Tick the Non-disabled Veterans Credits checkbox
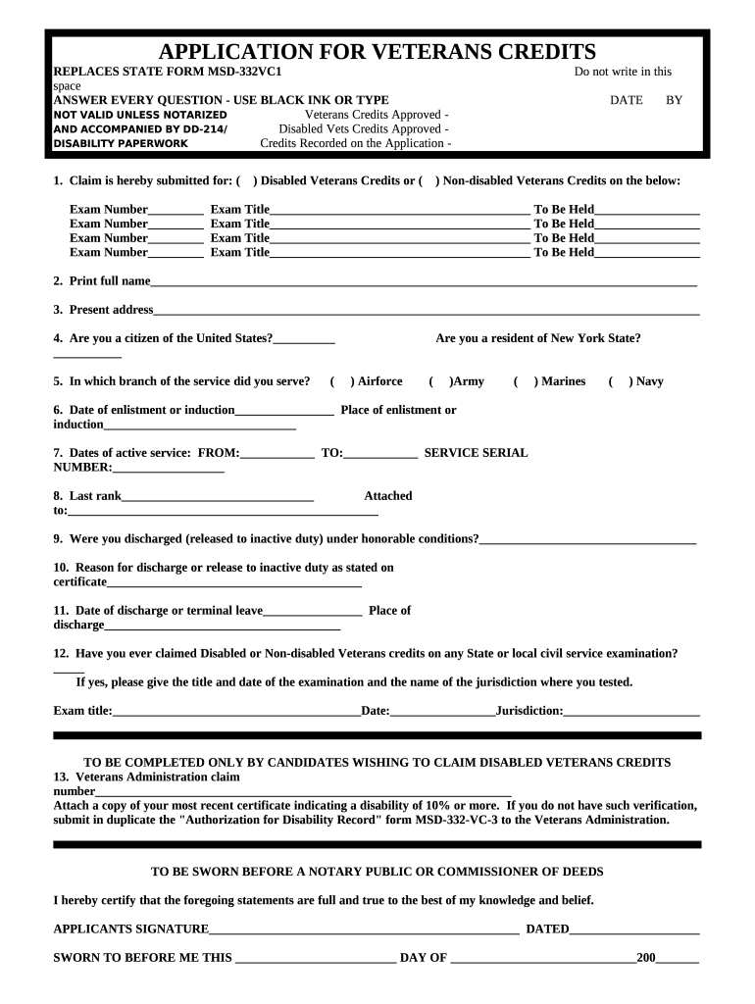[428, 181]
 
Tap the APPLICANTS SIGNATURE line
[364, 930]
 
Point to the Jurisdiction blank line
[631, 712]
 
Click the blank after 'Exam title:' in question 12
[236, 712]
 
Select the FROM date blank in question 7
[277, 455]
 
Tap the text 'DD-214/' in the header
[205, 129]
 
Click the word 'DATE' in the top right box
[626, 100]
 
